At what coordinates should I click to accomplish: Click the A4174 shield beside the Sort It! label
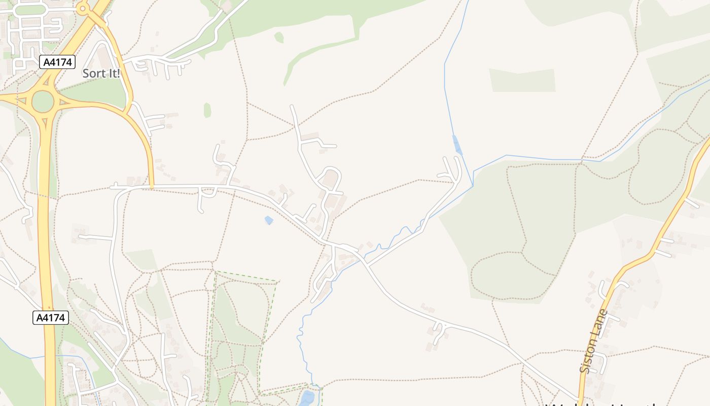click(x=57, y=62)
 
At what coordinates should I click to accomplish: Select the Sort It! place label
click(x=101, y=74)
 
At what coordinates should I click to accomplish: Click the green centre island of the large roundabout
click(x=43, y=102)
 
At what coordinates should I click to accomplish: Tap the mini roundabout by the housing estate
click(x=83, y=9)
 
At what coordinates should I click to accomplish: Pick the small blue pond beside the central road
click(x=269, y=220)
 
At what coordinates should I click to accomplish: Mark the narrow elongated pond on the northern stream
click(x=457, y=145)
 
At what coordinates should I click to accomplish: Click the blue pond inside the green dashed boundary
click(x=307, y=398)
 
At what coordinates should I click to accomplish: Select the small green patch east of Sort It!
click(x=207, y=110)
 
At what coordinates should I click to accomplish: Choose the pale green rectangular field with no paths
click(x=522, y=81)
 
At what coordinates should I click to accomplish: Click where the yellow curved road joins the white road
click(x=152, y=187)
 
